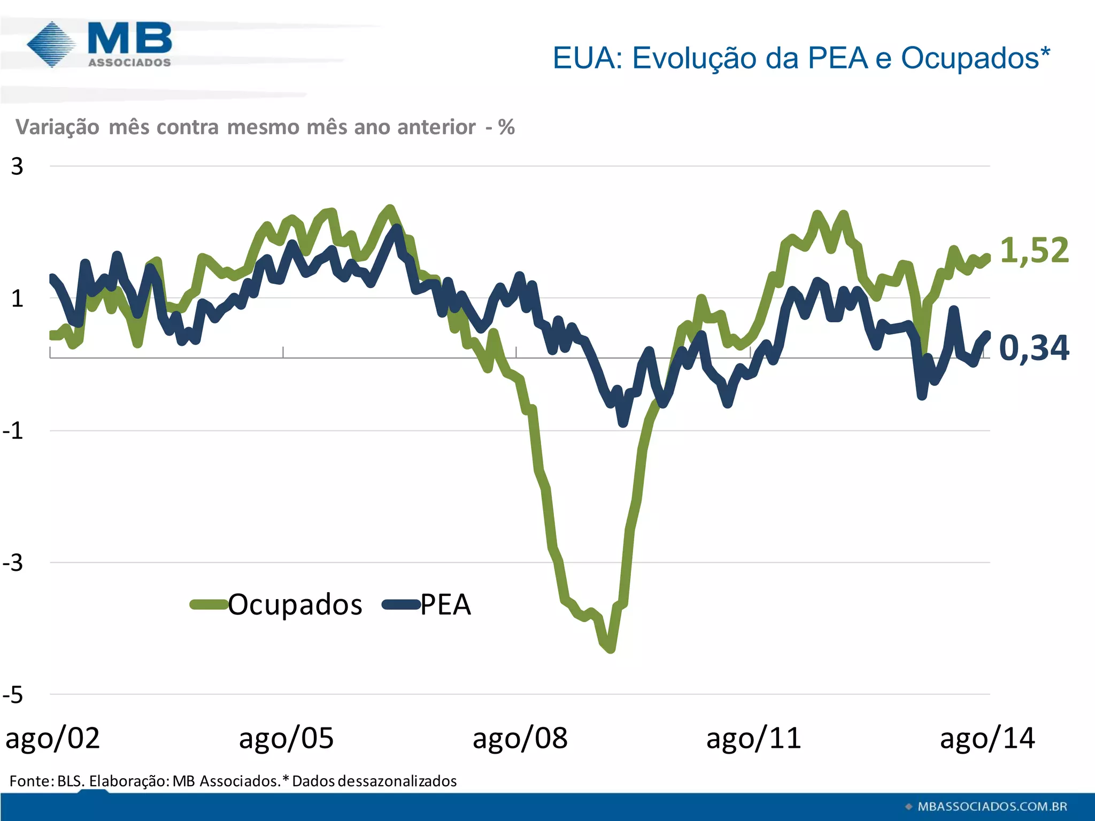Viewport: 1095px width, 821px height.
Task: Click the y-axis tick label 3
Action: [x=17, y=167]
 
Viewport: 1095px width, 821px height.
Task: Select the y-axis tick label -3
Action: [x=13, y=563]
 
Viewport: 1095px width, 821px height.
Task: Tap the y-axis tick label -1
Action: [x=13, y=431]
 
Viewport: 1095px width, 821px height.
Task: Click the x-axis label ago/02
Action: [x=52, y=739]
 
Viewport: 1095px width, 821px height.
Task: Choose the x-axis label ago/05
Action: [x=286, y=739]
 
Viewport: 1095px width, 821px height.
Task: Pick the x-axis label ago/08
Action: [x=520, y=739]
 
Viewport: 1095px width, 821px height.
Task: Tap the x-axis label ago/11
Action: [x=753, y=739]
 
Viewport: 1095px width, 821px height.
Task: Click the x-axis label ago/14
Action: [x=987, y=739]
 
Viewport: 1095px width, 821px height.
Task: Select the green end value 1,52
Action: [x=1034, y=250]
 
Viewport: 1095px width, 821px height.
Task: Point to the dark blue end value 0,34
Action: [x=1034, y=348]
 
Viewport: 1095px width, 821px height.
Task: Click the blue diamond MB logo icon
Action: [x=51, y=44]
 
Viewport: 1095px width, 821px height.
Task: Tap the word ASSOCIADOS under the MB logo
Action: [x=129, y=63]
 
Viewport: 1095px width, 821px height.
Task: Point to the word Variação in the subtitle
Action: [x=57, y=127]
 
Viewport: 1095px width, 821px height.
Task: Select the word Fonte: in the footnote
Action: [x=32, y=781]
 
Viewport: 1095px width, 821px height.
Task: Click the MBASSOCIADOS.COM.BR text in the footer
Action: [x=992, y=807]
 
